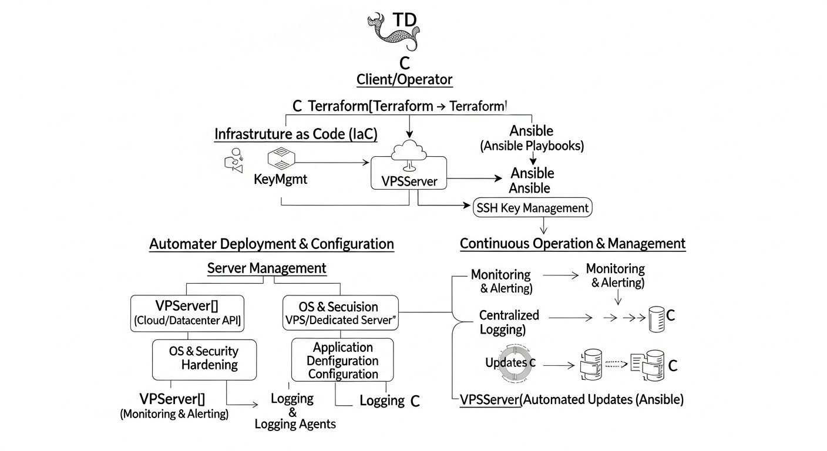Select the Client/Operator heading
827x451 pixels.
click(x=404, y=79)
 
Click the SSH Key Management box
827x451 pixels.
click(x=532, y=208)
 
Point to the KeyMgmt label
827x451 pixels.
click(x=280, y=180)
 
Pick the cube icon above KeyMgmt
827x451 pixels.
click(x=280, y=159)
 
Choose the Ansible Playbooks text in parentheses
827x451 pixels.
click(x=532, y=146)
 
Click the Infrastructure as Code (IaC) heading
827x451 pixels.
click(x=295, y=134)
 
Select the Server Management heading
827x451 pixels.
click(x=267, y=268)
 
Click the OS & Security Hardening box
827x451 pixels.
click(x=204, y=358)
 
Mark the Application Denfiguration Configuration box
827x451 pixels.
click(x=342, y=361)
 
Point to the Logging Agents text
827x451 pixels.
click(x=295, y=423)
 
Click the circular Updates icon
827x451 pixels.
click(x=510, y=363)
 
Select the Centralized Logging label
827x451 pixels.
click(x=501, y=322)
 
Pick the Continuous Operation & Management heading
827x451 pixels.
click(x=572, y=243)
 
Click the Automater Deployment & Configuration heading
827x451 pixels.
click(x=271, y=244)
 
